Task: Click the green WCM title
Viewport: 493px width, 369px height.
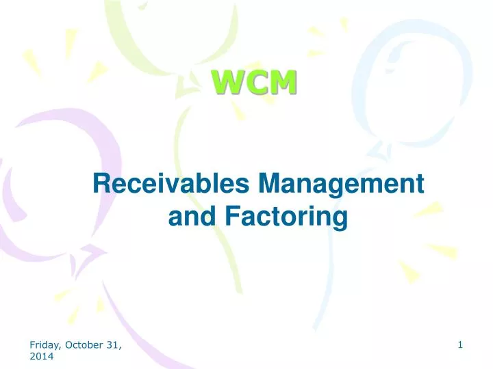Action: coord(254,83)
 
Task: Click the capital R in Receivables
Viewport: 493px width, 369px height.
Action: coord(100,184)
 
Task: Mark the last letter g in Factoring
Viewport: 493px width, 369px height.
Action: coord(340,219)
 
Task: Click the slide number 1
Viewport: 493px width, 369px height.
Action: coord(462,346)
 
